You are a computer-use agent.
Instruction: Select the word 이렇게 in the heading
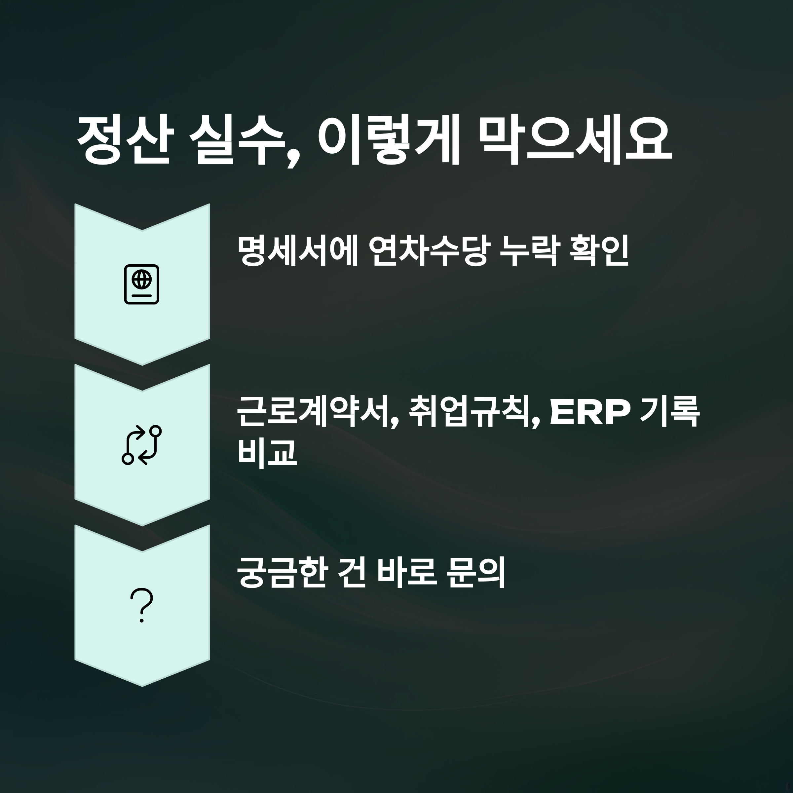tap(388, 141)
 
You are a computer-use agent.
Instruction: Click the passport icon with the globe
tap(142, 284)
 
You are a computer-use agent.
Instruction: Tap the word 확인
tap(599, 251)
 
